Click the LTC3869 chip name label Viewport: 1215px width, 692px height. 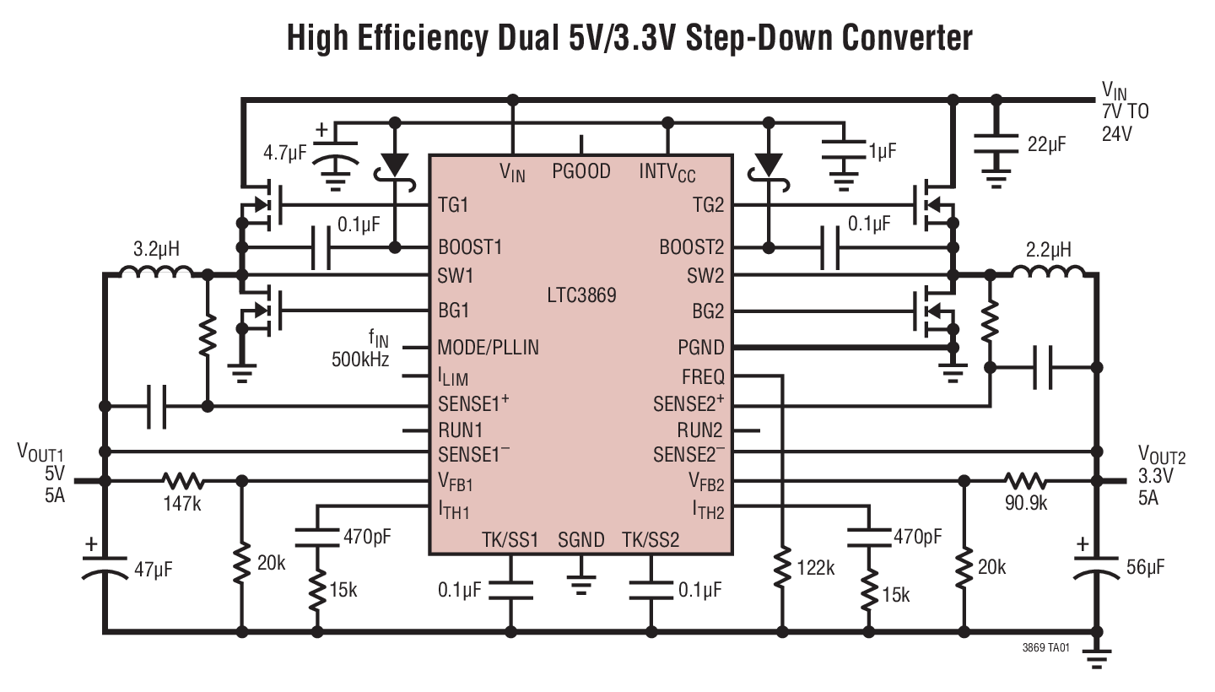point(580,296)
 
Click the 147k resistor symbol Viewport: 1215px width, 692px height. point(183,481)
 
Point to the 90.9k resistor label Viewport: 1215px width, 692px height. point(1026,504)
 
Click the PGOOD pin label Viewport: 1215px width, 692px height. point(581,172)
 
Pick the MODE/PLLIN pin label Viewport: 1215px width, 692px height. point(488,347)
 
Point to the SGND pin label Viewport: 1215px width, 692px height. point(580,539)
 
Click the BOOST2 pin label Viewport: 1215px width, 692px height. point(692,248)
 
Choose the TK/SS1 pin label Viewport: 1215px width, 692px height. point(510,539)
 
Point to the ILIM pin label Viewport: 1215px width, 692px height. point(453,376)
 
